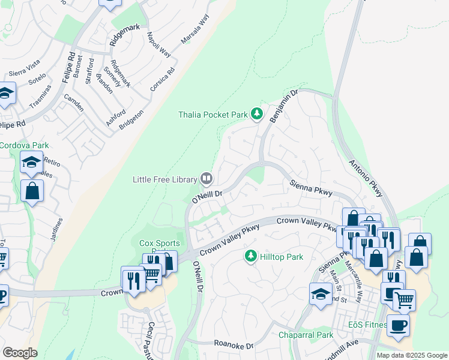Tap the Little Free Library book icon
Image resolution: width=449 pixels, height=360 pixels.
tap(206, 178)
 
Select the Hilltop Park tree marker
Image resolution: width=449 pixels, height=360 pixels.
tap(251, 256)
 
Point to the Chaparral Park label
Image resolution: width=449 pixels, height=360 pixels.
tap(306, 334)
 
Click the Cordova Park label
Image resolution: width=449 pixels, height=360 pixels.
tap(24, 145)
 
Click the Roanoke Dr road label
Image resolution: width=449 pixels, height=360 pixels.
tap(234, 346)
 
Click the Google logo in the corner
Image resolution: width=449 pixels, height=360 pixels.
tap(20, 353)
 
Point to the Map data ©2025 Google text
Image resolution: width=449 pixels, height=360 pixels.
tap(411, 355)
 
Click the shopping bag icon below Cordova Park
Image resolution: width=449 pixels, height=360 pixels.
tap(32, 191)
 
